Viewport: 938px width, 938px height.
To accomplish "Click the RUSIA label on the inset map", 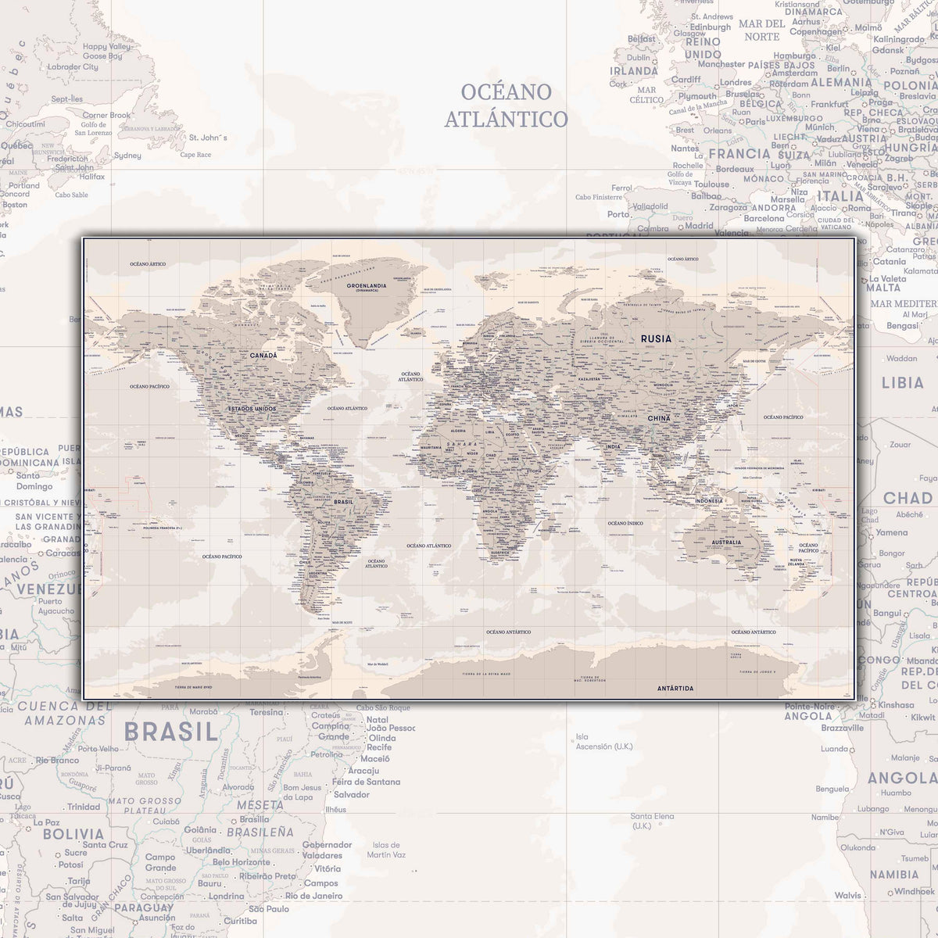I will click(655, 338).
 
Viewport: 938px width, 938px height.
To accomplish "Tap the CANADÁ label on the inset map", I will click(263, 355).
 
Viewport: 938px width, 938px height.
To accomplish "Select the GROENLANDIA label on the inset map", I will click(367, 286).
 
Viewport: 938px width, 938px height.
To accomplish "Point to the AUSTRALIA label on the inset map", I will click(726, 542).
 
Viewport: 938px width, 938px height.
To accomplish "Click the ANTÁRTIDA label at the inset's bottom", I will click(675, 689).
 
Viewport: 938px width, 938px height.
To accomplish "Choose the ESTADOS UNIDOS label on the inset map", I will click(252, 409).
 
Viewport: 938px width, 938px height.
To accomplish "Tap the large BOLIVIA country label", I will click(73, 834).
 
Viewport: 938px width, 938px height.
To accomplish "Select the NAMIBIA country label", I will click(893, 875).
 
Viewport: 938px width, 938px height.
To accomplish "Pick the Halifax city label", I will click(91, 177).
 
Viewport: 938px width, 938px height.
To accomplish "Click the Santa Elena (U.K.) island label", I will click(652, 821).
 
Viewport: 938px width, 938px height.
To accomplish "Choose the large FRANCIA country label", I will click(739, 154).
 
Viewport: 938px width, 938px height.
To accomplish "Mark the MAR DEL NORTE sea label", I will click(761, 30).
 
